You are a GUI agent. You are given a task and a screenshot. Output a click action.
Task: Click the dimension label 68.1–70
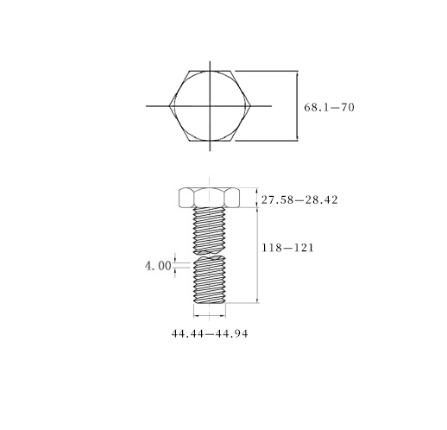[x=329, y=107]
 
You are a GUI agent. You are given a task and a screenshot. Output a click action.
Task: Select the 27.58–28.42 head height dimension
[x=299, y=199]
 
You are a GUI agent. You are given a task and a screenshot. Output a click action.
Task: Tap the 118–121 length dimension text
[x=287, y=248]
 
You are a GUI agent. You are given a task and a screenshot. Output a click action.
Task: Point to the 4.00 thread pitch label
[x=158, y=266]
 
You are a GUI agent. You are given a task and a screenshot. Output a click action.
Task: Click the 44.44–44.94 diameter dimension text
[x=210, y=333]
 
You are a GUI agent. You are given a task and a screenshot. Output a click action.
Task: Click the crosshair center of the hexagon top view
[x=210, y=106]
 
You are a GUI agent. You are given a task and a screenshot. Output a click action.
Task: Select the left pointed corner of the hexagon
[x=169, y=106]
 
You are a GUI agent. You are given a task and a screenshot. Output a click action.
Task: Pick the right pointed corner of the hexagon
[x=251, y=106]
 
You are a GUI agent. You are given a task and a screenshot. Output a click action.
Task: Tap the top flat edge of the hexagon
[x=210, y=71]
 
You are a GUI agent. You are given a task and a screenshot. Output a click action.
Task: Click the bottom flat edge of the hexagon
[x=210, y=141]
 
